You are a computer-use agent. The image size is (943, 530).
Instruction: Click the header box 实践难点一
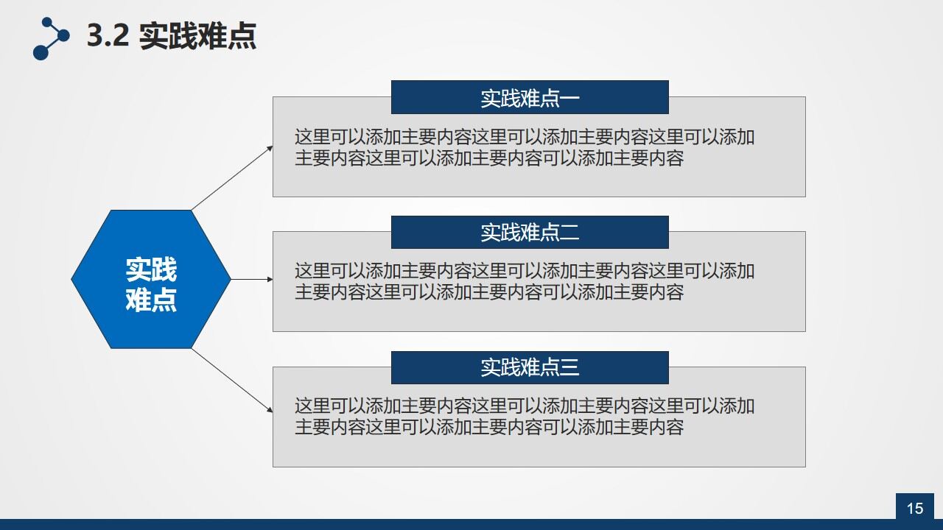tap(529, 97)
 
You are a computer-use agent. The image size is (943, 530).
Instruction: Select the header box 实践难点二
tap(529, 232)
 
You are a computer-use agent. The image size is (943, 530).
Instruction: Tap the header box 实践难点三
tap(529, 367)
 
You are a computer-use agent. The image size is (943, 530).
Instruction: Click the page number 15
tap(914, 508)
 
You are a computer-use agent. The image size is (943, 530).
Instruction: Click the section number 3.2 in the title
tap(108, 36)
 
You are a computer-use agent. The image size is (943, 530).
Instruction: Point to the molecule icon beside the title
tap(50, 38)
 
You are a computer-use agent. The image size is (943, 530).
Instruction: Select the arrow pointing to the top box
tap(232, 177)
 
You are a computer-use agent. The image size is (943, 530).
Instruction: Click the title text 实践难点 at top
tap(197, 36)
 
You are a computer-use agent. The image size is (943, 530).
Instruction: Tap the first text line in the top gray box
tap(525, 137)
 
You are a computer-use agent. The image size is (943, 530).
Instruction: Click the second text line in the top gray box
tap(489, 158)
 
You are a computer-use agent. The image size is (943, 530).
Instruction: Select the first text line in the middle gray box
tap(525, 271)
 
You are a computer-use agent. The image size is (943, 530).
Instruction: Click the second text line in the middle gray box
tap(489, 292)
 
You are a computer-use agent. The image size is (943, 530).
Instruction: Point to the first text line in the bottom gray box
tap(525, 406)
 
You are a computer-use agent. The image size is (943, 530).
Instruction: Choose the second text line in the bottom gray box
tap(489, 427)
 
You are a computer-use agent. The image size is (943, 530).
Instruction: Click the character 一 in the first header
tap(570, 98)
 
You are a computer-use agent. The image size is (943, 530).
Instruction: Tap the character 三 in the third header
tap(570, 367)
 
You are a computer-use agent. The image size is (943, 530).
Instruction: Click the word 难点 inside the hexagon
tap(151, 300)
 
